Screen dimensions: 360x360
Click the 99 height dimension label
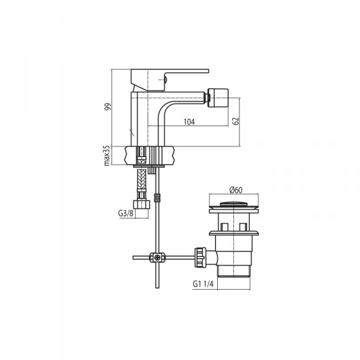[x=107, y=107]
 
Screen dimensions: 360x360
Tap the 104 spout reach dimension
[x=189, y=122]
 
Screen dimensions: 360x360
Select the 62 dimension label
[x=236, y=121]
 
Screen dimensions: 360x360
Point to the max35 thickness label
[x=107, y=155]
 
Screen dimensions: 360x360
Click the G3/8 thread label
[x=125, y=213]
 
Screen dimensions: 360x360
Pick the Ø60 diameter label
[x=236, y=190]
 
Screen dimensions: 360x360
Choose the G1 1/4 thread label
[x=203, y=284]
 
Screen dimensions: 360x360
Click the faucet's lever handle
[x=170, y=79]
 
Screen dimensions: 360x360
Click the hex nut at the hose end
[x=142, y=205]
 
